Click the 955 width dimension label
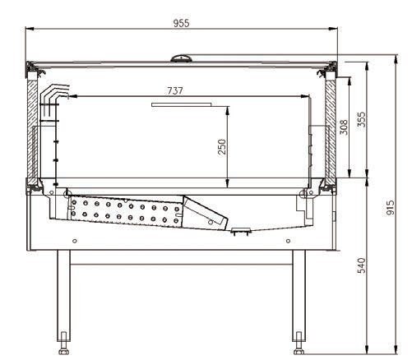(181, 23)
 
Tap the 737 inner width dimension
(175, 90)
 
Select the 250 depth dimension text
(222, 147)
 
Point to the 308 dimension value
(344, 127)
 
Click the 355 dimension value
(361, 119)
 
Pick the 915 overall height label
(390, 208)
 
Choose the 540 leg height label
(361, 265)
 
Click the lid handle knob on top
(181, 58)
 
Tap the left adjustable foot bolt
(63, 344)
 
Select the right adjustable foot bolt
(299, 344)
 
